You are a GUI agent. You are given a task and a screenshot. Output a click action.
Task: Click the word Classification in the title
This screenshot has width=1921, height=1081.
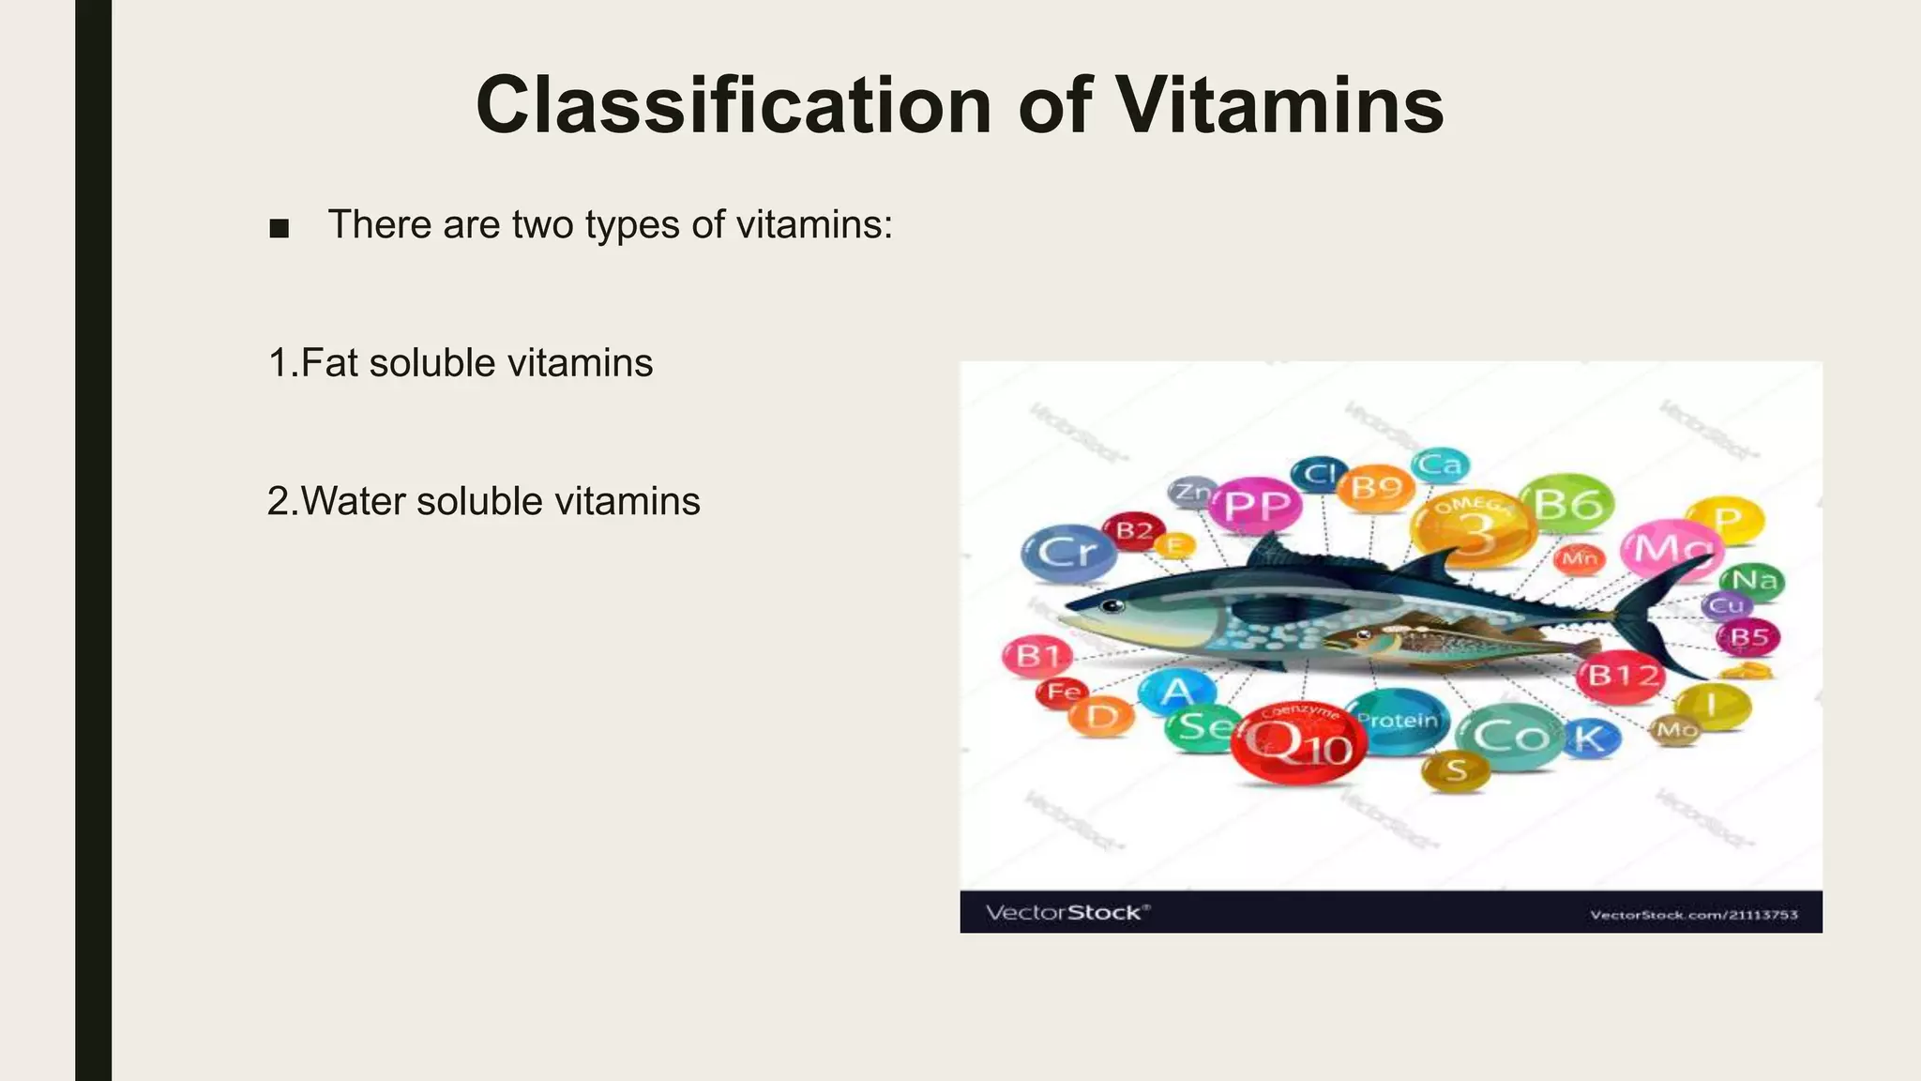click(734, 105)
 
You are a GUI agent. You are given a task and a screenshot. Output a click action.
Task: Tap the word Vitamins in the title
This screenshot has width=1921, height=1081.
click(1279, 105)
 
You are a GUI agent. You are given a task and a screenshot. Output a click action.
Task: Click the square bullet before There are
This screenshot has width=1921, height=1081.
click(279, 228)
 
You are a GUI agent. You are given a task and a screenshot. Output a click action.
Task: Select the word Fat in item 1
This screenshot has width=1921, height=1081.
click(329, 363)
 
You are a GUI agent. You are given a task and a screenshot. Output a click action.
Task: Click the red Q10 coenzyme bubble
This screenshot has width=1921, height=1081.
click(1298, 742)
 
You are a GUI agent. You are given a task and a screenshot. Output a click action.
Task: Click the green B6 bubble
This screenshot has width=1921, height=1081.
click(1566, 505)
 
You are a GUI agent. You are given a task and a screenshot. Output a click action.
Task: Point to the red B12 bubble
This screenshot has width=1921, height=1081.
click(1620, 675)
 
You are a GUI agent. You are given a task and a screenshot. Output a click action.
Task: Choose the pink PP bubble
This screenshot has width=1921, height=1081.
click(1256, 506)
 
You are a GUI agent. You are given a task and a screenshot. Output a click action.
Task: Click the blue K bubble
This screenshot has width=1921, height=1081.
click(1589, 738)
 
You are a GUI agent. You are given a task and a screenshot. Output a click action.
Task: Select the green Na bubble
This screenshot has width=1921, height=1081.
click(1752, 580)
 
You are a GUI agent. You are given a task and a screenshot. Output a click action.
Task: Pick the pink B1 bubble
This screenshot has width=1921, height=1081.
click(1036, 655)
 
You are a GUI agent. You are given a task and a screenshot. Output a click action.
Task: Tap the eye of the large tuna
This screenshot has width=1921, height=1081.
click(1112, 605)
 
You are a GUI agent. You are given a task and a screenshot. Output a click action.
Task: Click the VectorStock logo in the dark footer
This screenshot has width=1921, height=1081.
click(1066, 912)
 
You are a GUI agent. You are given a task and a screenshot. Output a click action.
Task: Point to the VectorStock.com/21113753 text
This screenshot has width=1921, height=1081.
click(1693, 914)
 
